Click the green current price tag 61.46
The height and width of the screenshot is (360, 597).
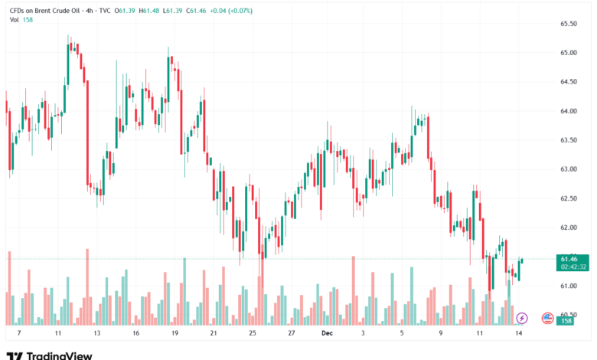568,259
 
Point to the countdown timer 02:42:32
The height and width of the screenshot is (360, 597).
572,267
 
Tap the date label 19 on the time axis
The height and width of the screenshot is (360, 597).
175,334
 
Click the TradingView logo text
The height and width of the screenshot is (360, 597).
59,355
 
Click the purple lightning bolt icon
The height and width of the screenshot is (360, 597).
522,317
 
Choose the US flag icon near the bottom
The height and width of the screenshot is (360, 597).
547,317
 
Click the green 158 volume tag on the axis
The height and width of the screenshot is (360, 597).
568,321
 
